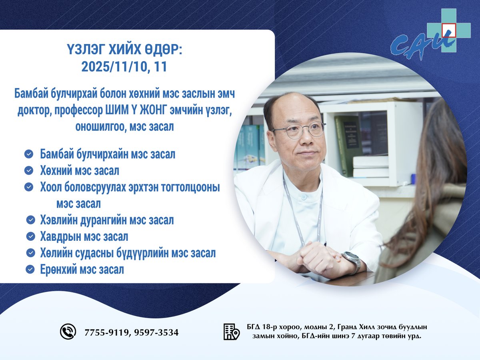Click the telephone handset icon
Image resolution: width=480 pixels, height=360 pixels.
68,332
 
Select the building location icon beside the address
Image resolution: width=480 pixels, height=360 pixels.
231,332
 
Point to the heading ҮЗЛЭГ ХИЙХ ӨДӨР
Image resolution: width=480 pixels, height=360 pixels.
124,51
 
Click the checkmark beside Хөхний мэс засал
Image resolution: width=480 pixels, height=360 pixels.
29,171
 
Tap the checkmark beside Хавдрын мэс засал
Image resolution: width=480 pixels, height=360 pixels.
31,236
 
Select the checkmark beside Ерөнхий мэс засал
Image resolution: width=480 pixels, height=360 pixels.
30,270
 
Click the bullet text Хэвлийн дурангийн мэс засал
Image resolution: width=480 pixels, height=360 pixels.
107,220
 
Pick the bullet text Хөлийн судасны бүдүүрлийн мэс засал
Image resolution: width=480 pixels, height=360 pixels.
128,253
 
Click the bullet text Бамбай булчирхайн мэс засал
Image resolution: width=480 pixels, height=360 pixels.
108,154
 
